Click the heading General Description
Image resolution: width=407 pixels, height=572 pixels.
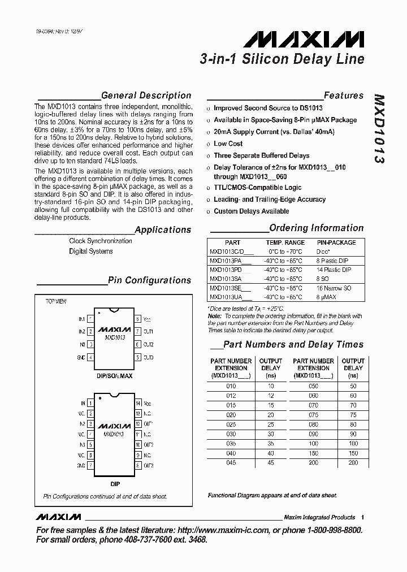click(x=146, y=96)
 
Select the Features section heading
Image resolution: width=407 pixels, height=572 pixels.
click(x=344, y=96)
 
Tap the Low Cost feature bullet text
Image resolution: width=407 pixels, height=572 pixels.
click(x=228, y=144)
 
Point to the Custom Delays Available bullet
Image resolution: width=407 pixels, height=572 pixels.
click(x=251, y=211)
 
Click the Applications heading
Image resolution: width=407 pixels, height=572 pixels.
click(x=163, y=229)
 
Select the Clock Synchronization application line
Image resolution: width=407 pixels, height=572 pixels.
click(x=101, y=241)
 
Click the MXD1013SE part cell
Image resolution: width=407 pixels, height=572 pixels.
click(x=226, y=288)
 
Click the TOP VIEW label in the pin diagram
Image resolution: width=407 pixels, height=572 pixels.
click(x=56, y=301)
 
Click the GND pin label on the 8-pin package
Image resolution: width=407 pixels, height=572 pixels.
click(x=81, y=358)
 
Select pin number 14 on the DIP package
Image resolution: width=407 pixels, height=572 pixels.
click(x=137, y=404)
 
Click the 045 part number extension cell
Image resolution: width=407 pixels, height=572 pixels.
click(x=231, y=463)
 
